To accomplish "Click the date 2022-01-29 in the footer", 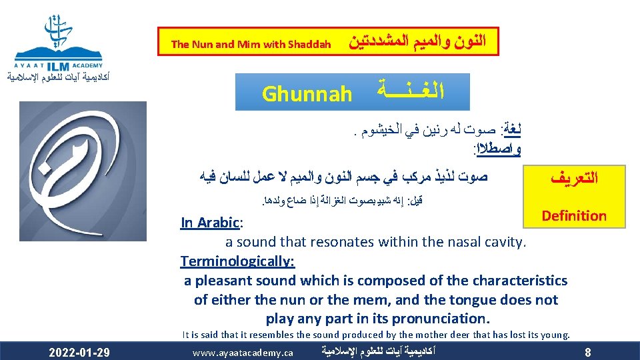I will (x=80, y=351).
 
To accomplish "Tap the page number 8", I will (x=587, y=351).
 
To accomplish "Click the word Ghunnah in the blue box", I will (x=307, y=94).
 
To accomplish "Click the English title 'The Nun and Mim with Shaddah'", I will (x=251, y=45).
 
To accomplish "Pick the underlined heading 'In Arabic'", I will (x=209, y=222).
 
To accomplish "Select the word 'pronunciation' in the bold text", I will (x=443, y=318).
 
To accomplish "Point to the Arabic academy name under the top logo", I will (x=58, y=78).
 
